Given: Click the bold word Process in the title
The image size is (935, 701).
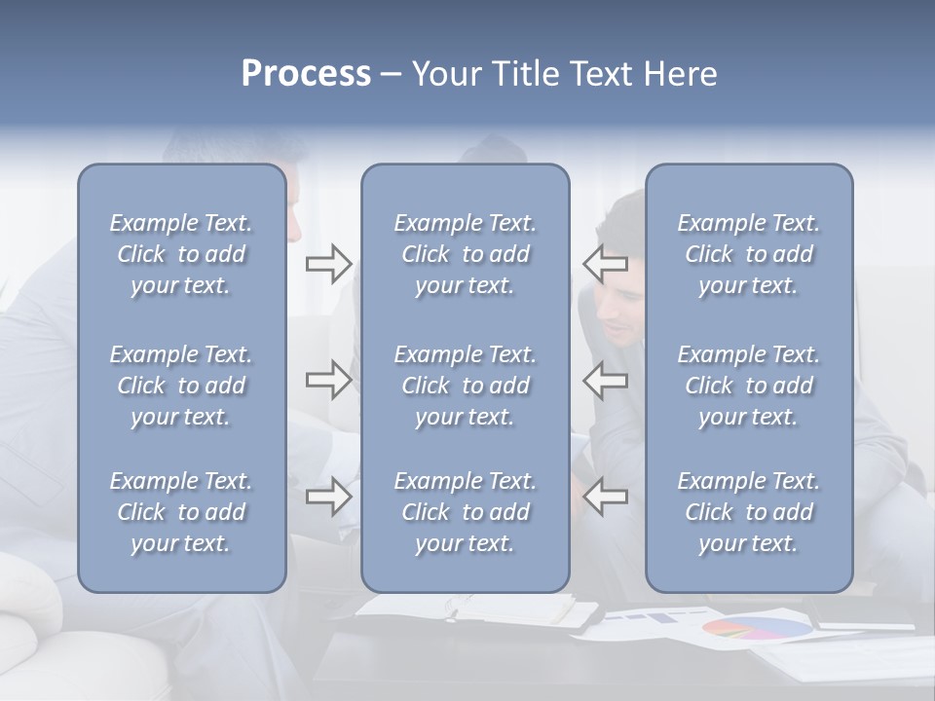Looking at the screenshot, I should coord(306,74).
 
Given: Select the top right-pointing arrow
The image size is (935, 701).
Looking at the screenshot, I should coord(328,264).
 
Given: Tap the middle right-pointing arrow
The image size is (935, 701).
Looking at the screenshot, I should coord(328,380).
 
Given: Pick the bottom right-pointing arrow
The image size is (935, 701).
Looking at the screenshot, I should coord(328,497).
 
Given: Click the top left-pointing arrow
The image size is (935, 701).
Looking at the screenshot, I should coord(605,264).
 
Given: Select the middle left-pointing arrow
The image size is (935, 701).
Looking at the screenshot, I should coord(605,380).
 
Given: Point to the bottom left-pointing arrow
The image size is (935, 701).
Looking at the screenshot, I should coord(605,497).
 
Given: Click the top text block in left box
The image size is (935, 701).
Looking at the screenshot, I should coord(181,254).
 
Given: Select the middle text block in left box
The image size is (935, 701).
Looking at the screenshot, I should coord(181,386).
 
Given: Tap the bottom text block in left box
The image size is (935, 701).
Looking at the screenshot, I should coord(181,512).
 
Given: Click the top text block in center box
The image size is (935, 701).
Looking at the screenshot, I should coord(465,254).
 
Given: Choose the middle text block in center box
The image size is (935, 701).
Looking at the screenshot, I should coord(465,386).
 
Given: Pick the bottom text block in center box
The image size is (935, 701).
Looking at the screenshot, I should coord(465,512).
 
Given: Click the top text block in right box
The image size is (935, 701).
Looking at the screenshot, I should coord(748,254).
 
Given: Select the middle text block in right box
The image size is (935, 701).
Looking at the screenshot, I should coord(748,386).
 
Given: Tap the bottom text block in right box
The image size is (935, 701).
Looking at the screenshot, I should coord(748,512).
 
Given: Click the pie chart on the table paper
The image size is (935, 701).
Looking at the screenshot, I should coord(757,628).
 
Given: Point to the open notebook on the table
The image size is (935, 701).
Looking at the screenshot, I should coord(477,609).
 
